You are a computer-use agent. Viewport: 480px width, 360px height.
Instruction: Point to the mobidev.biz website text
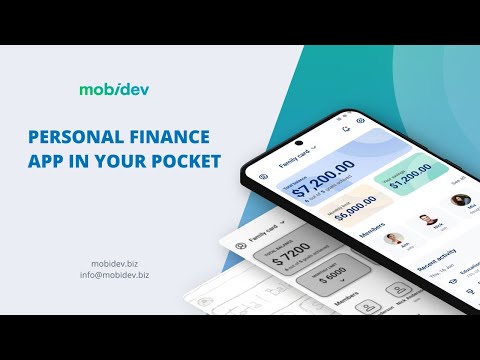coord(116,262)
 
